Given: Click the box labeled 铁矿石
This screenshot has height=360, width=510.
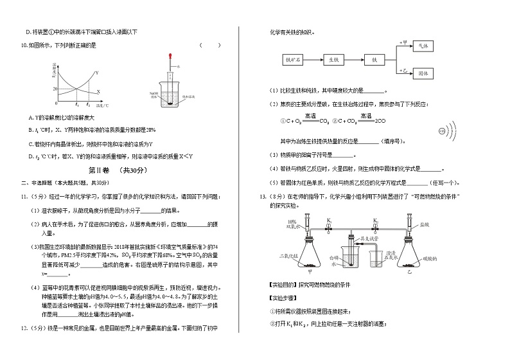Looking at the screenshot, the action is [x=293, y=60].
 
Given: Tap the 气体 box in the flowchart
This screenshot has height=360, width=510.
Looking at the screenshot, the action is [x=423, y=46].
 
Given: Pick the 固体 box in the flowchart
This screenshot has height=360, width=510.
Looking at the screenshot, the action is [x=423, y=74].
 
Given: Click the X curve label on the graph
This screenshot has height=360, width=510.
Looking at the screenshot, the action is [x=98, y=91].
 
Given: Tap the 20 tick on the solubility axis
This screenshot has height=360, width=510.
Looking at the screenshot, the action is [x=56, y=89].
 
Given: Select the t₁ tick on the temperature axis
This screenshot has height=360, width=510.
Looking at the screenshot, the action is [x=76, y=104].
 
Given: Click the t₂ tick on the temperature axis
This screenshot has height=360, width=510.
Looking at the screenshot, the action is [x=89, y=104].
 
